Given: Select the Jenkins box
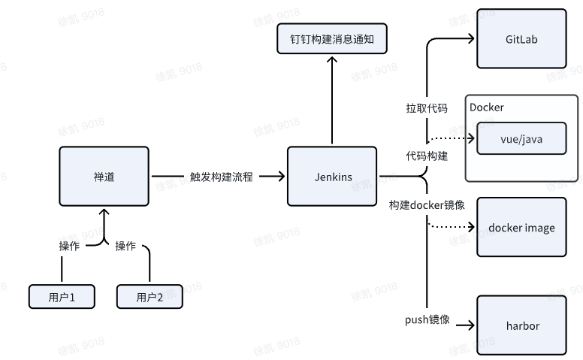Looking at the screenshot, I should [x=332, y=177].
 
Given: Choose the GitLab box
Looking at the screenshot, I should [x=521, y=38].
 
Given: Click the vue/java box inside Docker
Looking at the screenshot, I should [x=521, y=139].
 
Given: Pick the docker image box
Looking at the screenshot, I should [x=521, y=228].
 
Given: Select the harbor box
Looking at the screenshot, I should [x=521, y=325].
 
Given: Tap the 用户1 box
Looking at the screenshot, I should [x=62, y=297].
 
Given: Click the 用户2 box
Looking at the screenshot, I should [x=150, y=297].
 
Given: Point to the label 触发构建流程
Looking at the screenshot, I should [x=221, y=177].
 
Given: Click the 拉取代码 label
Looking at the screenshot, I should [x=426, y=108].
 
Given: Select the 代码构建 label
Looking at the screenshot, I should [x=426, y=156].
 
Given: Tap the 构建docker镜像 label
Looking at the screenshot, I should [x=426, y=205].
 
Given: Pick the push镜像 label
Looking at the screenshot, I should [x=427, y=320].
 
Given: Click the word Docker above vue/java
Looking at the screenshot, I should [x=486, y=107].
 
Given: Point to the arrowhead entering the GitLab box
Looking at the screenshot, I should [x=472, y=39].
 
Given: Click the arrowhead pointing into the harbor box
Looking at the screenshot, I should [x=470, y=325].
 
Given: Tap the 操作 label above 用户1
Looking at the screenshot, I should [x=69, y=246].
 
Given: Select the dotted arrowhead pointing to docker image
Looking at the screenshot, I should [x=470, y=227].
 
